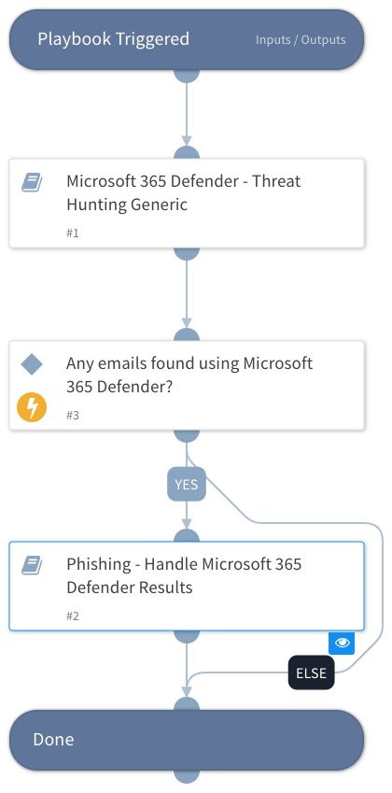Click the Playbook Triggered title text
[x=113, y=39]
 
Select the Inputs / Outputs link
[x=301, y=40]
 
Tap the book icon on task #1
[x=32, y=182]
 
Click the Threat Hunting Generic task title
[x=183, y=192]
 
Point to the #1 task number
[x=73, y=233]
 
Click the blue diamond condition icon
[x=32, y=363]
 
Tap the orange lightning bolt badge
[x=32, y=407]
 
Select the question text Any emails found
[x=189, y=374]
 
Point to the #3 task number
[x=73, y=415]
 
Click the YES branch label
[x=187, y=485]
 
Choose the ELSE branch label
[x=311, y=673]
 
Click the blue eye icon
[x=341, y=643]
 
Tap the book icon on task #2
[x=32, y=565]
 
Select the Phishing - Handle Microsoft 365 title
[x=184, y=575]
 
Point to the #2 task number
[x=73, y=616]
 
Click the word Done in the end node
[x=53, y=739]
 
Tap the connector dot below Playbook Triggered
[x=187, y=72]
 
